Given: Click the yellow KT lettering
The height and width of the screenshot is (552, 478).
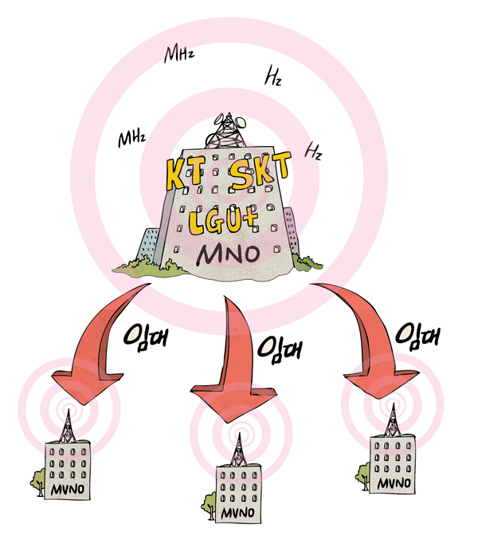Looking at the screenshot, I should pos(186,172).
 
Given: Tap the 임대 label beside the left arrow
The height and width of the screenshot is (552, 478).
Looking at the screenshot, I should pos(147,336).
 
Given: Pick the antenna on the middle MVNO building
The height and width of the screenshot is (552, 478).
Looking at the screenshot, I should pos(237,450).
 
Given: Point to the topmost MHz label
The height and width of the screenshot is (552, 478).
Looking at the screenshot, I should pos(179,54).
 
